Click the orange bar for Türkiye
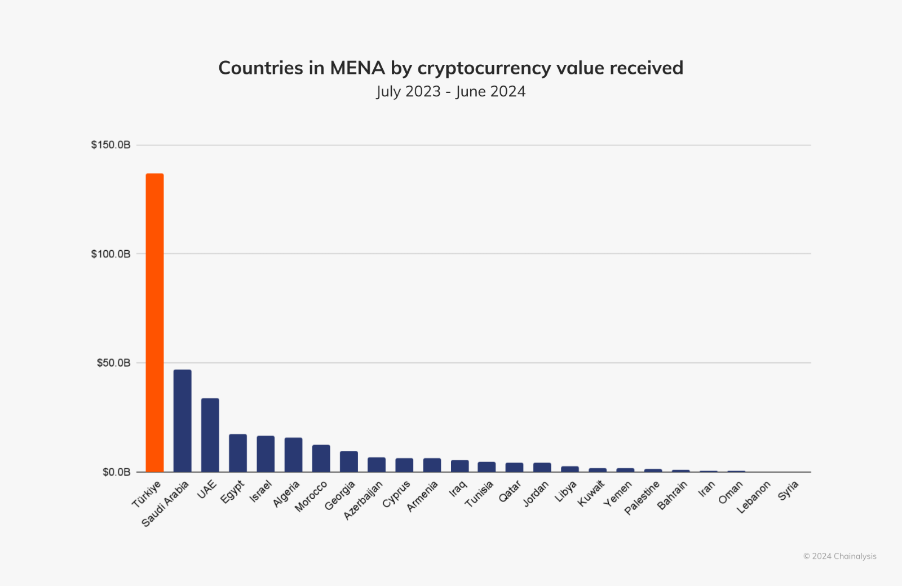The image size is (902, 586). pos(154,323)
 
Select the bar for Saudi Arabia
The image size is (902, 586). pos(183,420)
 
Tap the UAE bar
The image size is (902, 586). pos(210,435)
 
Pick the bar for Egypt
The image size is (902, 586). pos(238,453)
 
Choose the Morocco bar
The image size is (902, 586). pos(321,459)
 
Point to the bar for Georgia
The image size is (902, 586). pos(349,461)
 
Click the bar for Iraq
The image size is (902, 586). pos(460,466)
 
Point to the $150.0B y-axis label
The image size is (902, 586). pos(110,145)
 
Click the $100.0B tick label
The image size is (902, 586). pos(110,254)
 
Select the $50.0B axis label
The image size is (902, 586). pos(113,363)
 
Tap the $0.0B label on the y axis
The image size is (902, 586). pos(116,472)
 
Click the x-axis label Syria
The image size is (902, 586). pos(788,491)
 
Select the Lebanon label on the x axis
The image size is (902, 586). pos(753,498)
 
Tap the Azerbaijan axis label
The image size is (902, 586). pos(363,500)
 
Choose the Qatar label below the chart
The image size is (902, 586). pos(510,491)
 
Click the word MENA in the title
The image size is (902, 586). pos(357,68)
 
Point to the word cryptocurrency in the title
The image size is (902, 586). pos(484,68)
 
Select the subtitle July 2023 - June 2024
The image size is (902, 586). pos(451,91)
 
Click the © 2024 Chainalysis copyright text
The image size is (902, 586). pos(840,556)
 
